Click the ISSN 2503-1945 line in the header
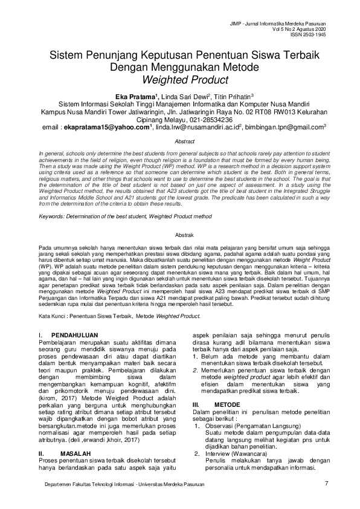pyautogui.click(x=308, y=34)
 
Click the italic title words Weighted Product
pyautogui.click(x=179, y=79)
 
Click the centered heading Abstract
pyautogui.click(x=179, y=140)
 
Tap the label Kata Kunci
pyautogui.click(x=51, y=316)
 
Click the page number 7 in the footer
pyautogui.click(x=326, y=482)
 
